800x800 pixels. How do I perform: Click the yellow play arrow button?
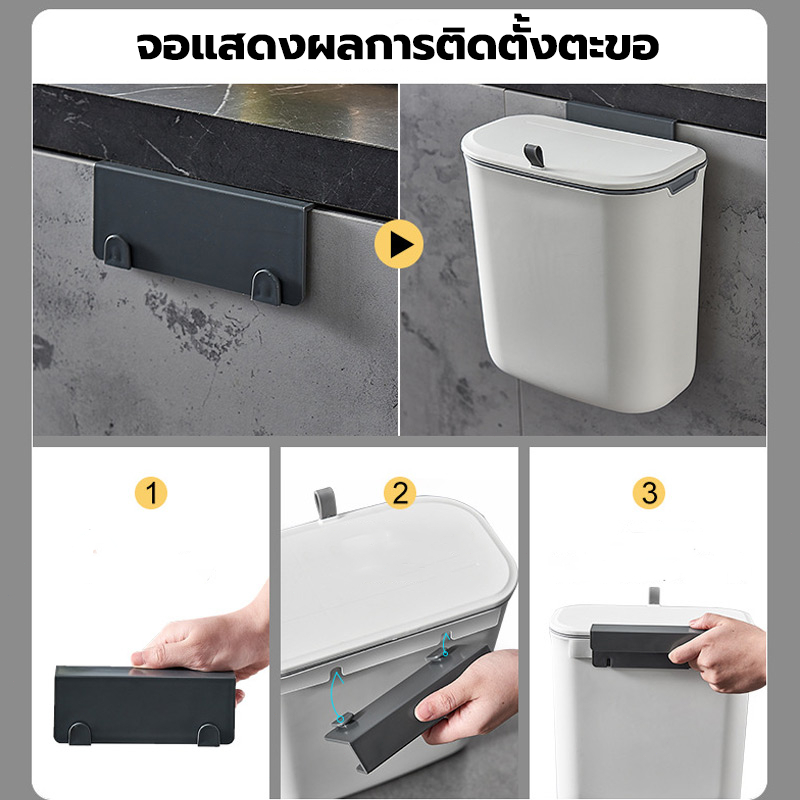pos(398,244)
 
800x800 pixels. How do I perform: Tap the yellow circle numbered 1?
pos(151,493)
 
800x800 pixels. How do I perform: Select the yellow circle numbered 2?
pos(400,493)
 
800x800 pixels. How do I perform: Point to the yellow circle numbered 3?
pos(648,493)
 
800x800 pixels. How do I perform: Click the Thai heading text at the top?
pos(397,46)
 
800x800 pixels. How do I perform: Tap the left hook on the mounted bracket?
pos(117,252)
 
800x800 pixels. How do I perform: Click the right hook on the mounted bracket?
pos(266,287)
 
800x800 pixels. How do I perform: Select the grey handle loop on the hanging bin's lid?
pos(534,155)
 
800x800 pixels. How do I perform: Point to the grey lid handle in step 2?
pos(325,504)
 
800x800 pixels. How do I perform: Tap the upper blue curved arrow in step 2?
pos(445,644)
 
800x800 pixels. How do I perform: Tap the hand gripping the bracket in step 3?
pos(718,652)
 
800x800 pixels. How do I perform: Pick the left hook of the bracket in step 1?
pos(80,733)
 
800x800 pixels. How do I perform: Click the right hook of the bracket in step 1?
pos(209,735)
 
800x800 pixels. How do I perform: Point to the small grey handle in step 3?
pos(654,595)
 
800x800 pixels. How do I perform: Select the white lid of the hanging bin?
pos(584,153)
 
